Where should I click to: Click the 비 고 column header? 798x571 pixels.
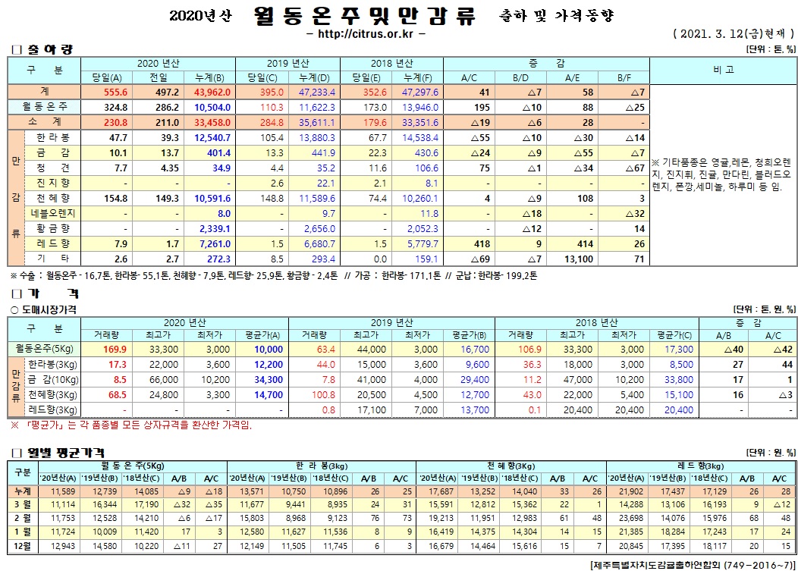pos(723,70)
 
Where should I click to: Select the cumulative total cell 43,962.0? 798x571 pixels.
pos(212,91)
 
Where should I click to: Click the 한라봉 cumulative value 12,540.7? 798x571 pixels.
pos(212,139)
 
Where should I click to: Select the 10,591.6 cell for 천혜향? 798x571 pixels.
pos(212,199)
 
